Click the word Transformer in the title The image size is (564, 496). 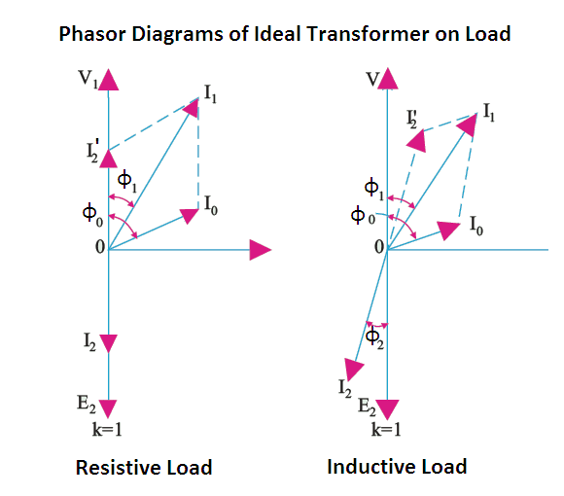tap(368, 34)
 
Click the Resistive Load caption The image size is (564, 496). tap(144, 468)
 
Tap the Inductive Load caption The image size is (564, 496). tap(397, 467)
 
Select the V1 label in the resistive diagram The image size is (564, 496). tap(88, 79)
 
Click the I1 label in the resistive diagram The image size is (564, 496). tap(210, 94)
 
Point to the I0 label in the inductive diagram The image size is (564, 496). tap(476, 226)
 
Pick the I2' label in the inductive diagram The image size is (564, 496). tap(412, 119)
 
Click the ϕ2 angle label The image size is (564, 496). tap(374, 338)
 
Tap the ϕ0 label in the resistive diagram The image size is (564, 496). tap(92, 215)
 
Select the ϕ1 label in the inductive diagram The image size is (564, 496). tap(374, 190)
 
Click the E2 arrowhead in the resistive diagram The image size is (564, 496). tap(108, 409)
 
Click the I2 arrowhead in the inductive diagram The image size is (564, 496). tap(353, 369)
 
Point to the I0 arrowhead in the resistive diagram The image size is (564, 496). tap(190, 216)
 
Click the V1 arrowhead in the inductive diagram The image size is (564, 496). tap(387, 79)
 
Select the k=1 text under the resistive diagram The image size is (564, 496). tap(107, 429)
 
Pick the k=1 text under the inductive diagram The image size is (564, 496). tap(386, 429)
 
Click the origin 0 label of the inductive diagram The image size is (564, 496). tap(379, 247)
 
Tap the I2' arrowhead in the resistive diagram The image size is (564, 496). tap(108, 159)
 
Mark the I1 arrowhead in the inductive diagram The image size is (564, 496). tap(467, 124)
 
